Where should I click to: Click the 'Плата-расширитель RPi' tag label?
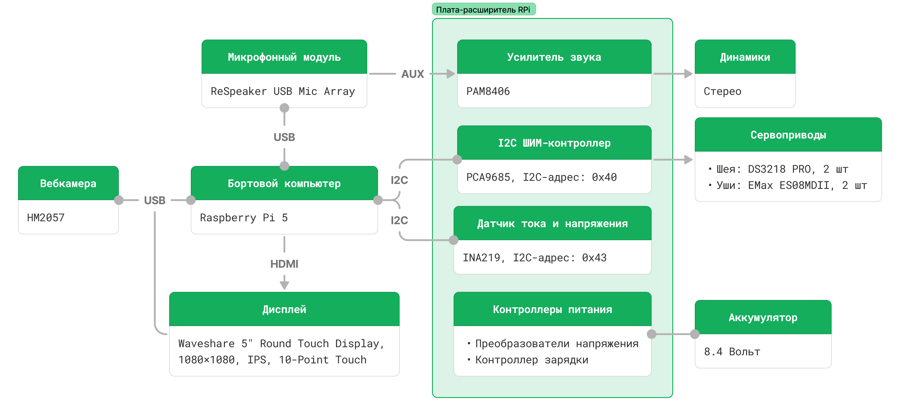pyautogui.click(x=483, y=9)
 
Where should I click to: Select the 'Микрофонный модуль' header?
pyautogui.click(x=284, y=57)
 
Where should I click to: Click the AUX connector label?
pyautogui.click(x=413, y=74)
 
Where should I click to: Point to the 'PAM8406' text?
pyautogui.click(x=488, y=91)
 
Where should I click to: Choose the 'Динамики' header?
pyautogui.click(x=745, y=57)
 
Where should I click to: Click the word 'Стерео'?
pyautogui.click(x=722, y=91)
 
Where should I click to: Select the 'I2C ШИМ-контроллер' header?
pyautogui.click(x=554, y=143)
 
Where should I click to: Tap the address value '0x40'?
pyautogui.click(x=604, y=177)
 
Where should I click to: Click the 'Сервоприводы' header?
pyautogui.click(x=788, y=135)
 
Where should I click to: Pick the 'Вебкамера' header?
pyautogui.click(x=68, y=183)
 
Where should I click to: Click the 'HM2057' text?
pyautogui.click(x=46, y=218)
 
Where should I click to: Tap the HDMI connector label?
pyautogui.click(x=284, y=264)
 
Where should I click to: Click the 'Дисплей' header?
pyautogui.click(x=284, y=309)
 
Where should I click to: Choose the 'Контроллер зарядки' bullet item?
pyautogui.click(x=531, y=360)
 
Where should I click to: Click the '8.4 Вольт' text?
pyautogui.click(x=732, y=351)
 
